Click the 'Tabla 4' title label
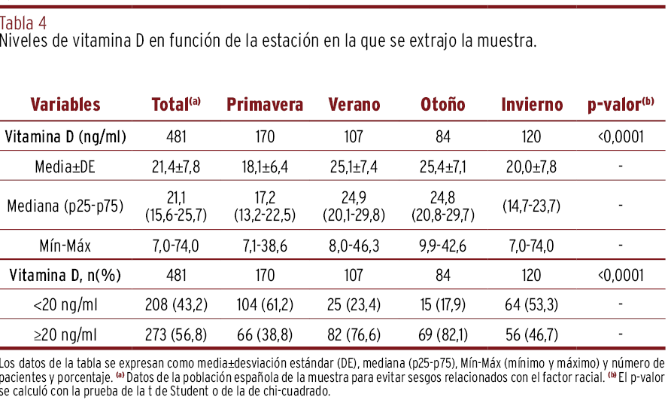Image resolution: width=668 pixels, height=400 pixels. point(23,23)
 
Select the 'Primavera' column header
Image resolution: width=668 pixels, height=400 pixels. point(265,105)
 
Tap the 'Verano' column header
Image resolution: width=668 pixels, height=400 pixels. point(354,105)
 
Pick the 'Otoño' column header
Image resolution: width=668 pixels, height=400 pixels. point(442,105)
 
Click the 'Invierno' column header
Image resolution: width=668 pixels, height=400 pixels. point(532,105)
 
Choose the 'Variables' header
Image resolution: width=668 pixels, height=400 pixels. point(65,105)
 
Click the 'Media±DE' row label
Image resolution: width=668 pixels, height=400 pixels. point(65,166)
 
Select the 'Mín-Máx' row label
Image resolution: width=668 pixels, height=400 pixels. point(65,245)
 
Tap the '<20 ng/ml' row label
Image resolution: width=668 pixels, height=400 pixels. point(65,304)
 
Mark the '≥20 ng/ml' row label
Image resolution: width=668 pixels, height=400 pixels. point(65,334)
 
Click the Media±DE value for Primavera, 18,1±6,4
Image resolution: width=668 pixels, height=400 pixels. point(265,166)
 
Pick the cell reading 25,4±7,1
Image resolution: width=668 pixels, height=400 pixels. point(442,166)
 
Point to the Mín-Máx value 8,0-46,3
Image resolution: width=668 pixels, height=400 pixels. point(354,245)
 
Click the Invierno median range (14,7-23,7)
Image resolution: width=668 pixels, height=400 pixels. point(532,205)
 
